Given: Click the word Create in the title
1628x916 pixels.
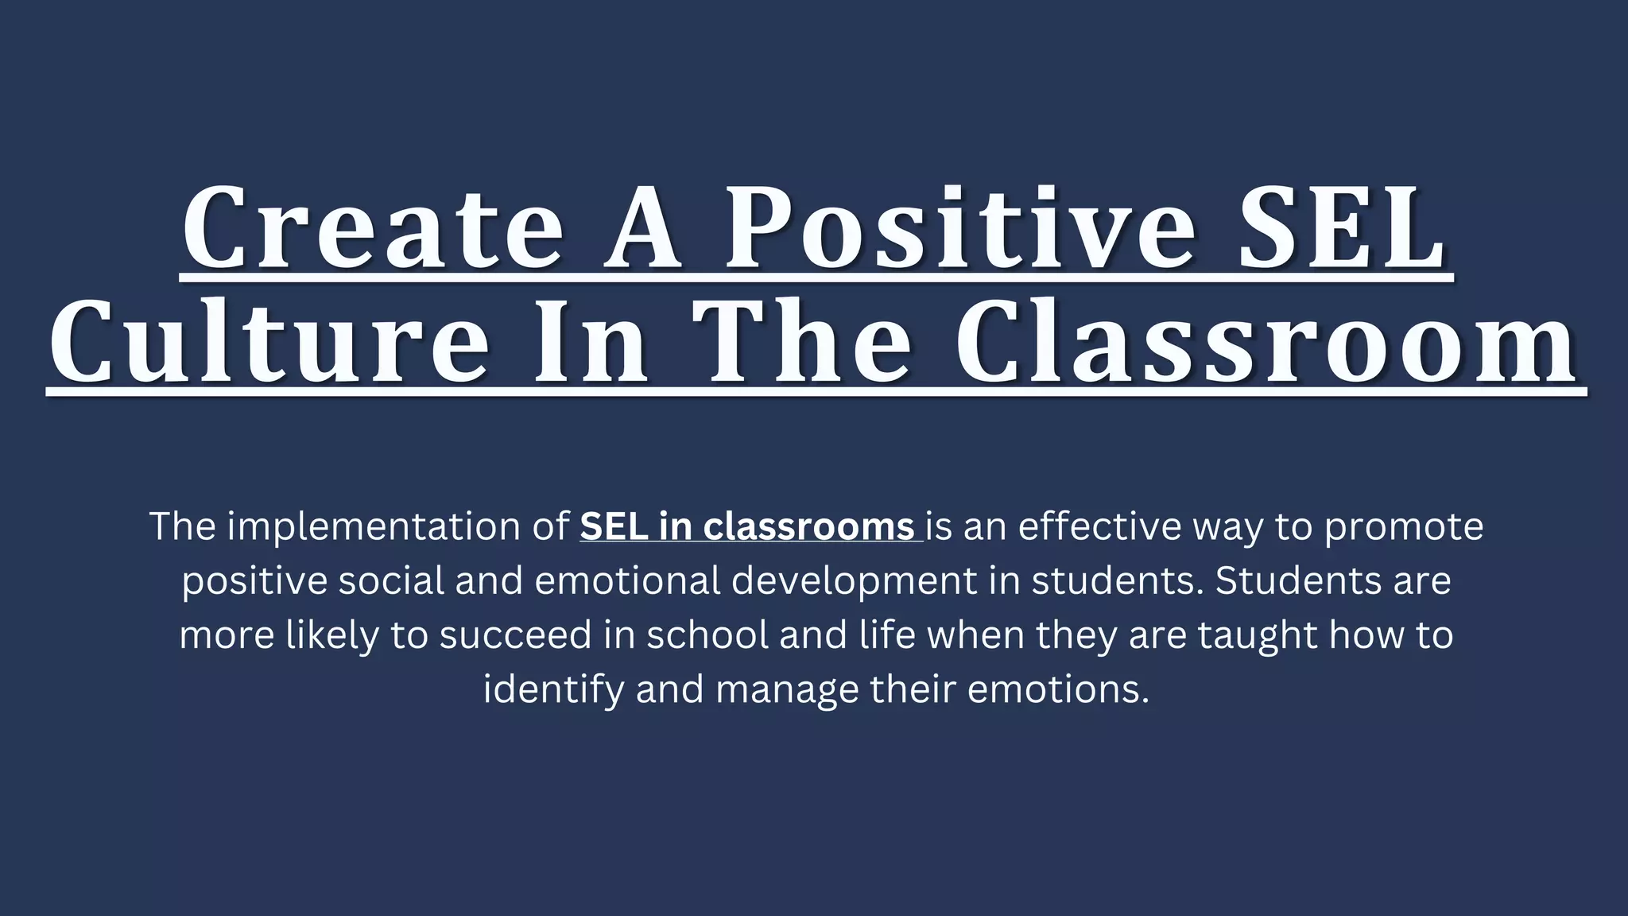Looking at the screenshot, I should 373,229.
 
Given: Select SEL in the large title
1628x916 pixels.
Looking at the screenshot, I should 1343,229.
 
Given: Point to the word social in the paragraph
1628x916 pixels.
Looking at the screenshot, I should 391,580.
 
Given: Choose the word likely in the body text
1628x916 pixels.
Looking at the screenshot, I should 332,635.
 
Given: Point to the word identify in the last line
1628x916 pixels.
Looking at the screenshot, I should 553,689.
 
